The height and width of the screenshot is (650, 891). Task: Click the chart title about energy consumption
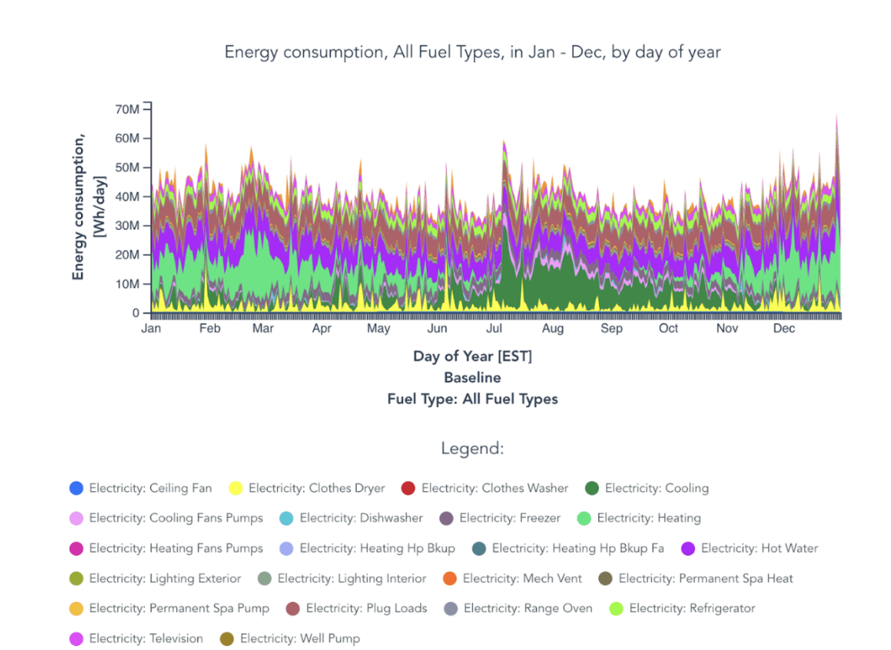(472, 52)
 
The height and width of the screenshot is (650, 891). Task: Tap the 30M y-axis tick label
(128, 226)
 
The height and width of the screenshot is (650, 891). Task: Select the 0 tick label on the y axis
(136, 313)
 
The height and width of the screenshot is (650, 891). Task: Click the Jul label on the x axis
(495, 328)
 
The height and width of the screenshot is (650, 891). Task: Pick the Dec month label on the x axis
(784, 328)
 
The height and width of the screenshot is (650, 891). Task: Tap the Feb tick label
(209, 328)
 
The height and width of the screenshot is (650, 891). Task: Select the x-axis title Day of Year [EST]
(472, 356)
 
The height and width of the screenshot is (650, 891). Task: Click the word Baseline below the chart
(472, 378)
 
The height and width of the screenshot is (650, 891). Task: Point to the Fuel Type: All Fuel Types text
(472, 399)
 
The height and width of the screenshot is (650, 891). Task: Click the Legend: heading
(472, 449)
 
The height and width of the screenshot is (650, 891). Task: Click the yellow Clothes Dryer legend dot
(235, 488)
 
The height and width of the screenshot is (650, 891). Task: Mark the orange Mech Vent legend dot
(449, 578)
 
